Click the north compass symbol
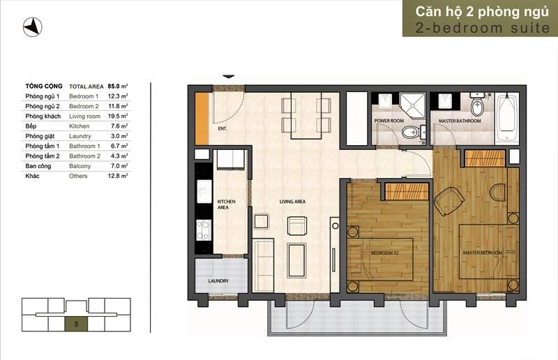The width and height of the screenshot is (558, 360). (32, 27)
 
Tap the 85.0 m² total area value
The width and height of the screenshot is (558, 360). (118, 87)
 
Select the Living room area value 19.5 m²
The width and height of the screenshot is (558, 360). (118, 116)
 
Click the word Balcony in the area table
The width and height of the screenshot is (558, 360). (80, 166)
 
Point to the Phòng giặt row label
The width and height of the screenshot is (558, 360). (40, 136)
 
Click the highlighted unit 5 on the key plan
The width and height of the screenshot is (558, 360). (76, 324)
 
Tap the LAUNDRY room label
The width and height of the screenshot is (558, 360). (218, 281)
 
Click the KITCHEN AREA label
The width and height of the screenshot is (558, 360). (226, 204)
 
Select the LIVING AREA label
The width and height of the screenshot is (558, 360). (292, 202)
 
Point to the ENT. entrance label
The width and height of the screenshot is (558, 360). (223, 128)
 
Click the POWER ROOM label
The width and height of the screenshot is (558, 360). (389, 121)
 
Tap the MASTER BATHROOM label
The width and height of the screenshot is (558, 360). (460, 121)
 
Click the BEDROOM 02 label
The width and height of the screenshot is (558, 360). (385, 253)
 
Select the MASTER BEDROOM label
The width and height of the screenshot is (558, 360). (483, 253)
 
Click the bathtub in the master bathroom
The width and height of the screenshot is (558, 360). (508, 118)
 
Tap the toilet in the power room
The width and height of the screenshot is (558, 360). (413, 133)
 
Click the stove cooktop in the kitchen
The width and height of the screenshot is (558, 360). (204, 230)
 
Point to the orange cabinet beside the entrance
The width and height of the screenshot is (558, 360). (202, 119)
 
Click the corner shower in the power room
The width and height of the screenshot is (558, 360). (412, 106)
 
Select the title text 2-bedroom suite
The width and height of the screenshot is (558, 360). (483, 28)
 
